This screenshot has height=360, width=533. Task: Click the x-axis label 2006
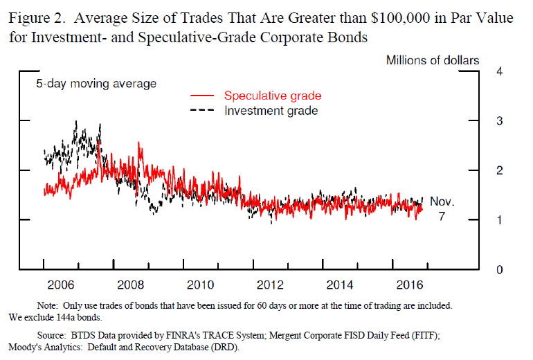60,284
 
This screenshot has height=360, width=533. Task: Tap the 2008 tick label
130,284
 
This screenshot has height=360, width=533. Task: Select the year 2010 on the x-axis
200,284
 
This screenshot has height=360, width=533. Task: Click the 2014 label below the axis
340,284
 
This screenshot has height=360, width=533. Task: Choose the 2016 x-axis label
410,284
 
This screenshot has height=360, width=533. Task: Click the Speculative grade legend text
273,96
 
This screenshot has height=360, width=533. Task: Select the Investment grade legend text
271,110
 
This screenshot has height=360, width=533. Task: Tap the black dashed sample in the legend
202,111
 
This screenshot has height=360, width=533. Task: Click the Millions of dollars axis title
432,60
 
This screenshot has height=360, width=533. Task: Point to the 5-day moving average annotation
96,84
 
